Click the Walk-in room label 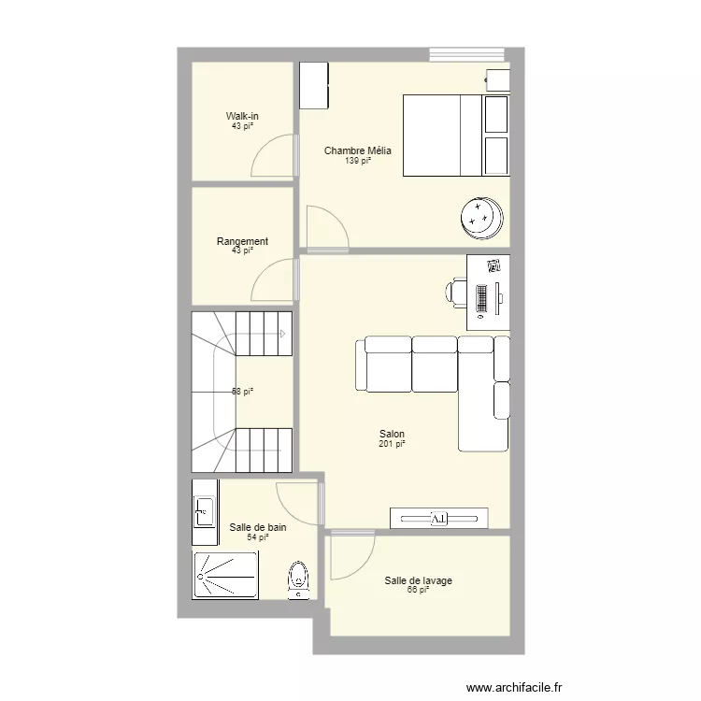[x=242, y=116]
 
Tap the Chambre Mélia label [x=358, y=150]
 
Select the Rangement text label [x=242, y=241]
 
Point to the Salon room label [x=392, y=434]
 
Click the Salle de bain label [x=258, y=527]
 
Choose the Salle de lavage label [x=418, y=580]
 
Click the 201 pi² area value [x=392, y=444]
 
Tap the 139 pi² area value [x=358, y=161]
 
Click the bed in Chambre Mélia [x=455, y=135]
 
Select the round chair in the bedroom [x=482, y=216]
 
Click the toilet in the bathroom [x=298, y=579]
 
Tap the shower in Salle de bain [x=225, y=575]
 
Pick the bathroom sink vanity [x=205, y=511]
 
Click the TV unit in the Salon [x=439, y=519]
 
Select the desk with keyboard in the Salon [x=488, y=292]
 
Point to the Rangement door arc [x=274, y=280]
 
